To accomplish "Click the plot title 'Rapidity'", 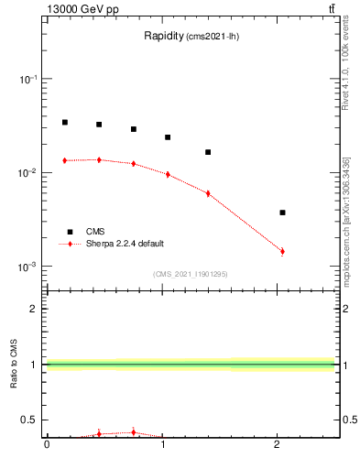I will [x=165, y=37].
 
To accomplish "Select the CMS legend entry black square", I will [x=68, y=232].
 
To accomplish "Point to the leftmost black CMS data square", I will [x=64, y=122].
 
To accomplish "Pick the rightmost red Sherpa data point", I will [x=282, y=251].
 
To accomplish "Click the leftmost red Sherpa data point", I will [x=64, y=160].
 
